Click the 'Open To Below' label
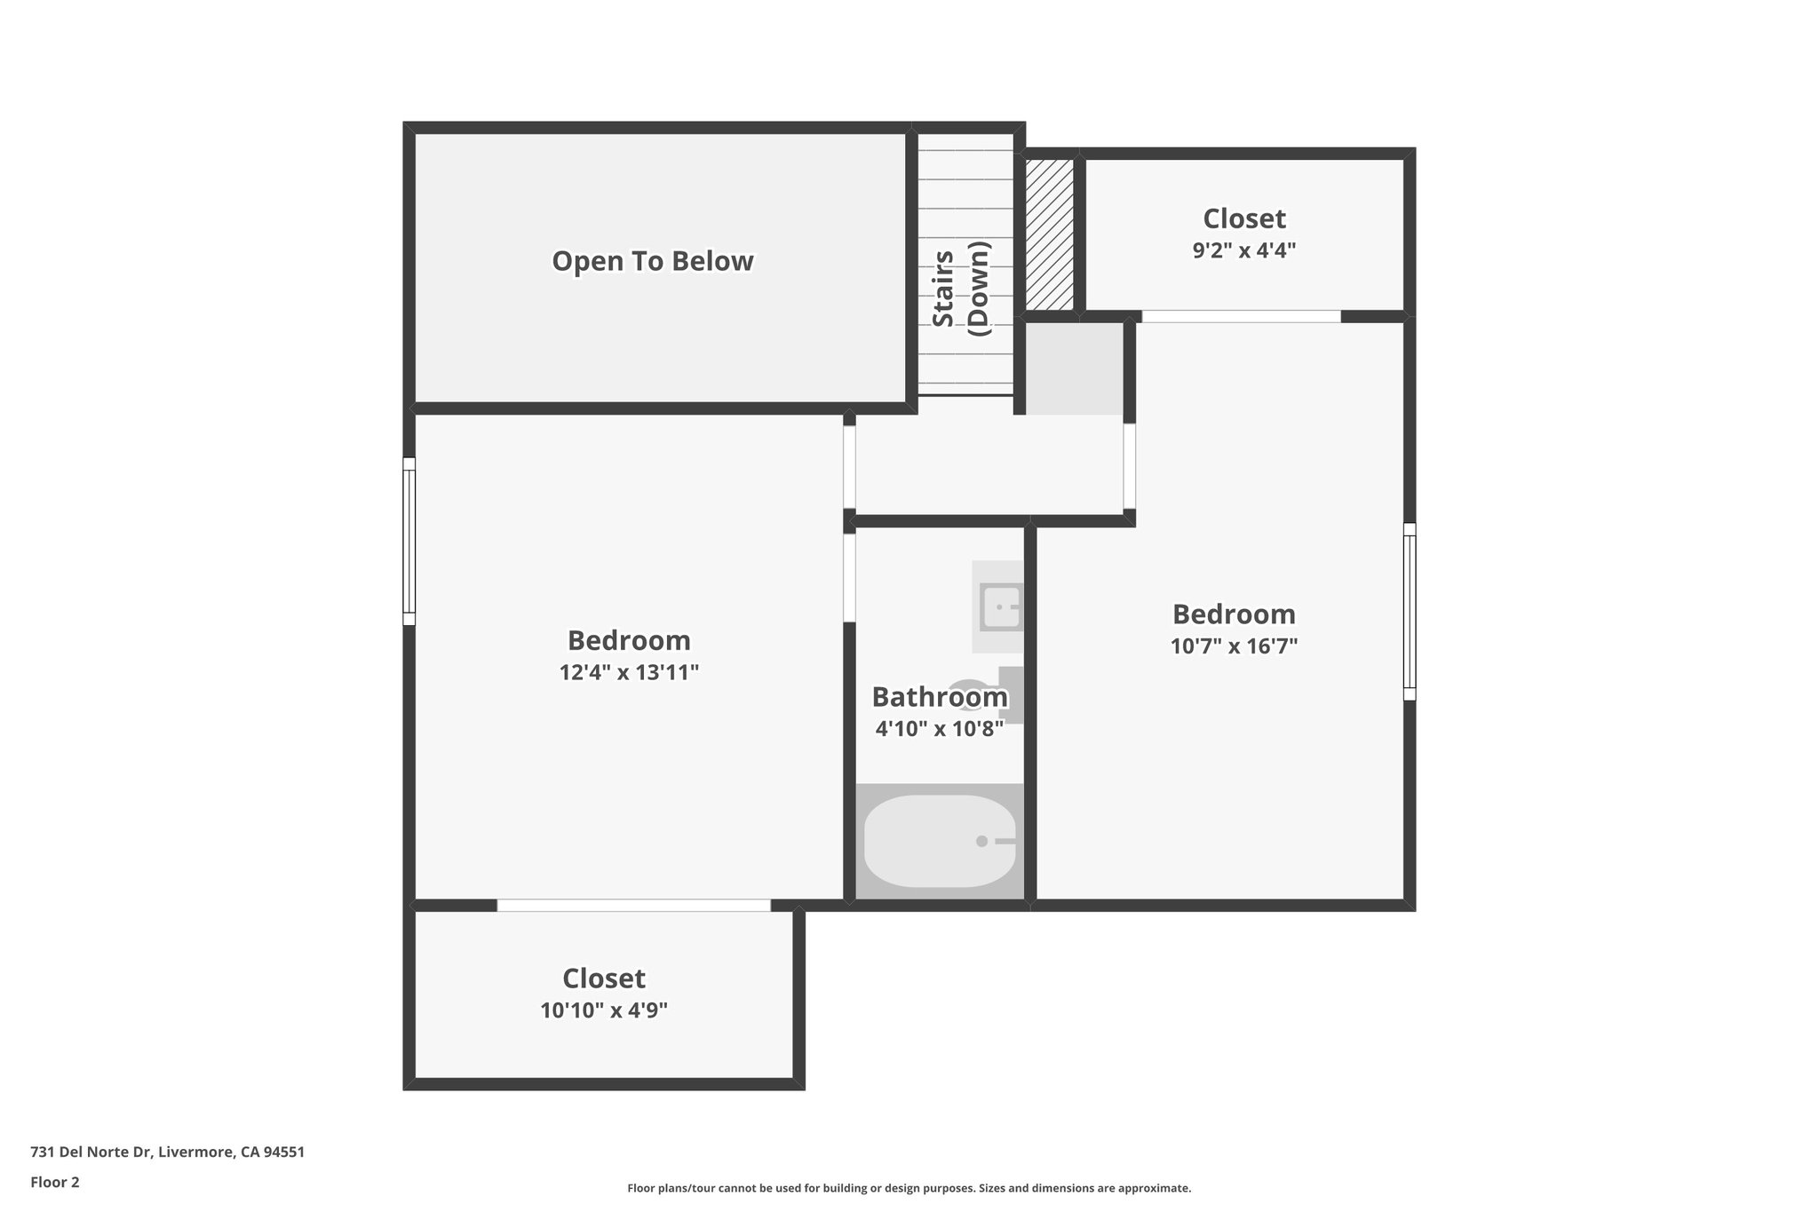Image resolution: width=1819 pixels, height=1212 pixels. (653, 261)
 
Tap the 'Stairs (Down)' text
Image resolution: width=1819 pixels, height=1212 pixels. (960, 289)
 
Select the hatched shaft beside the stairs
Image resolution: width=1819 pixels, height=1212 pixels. (1049, 234)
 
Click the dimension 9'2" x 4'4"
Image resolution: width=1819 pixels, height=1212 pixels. (1243, 250)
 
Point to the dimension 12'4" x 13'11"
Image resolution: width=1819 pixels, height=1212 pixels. (629, 673)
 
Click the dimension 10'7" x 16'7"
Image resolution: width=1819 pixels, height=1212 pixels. (1234, 646)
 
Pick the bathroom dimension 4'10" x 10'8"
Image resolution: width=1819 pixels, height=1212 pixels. (939, 730)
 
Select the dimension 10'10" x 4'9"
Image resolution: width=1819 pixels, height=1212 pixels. (604, 1010)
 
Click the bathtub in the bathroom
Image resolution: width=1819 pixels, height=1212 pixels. (940, 841)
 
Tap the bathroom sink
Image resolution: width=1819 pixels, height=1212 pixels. (1000, 606)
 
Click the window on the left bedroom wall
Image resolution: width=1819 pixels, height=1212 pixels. (409, 541)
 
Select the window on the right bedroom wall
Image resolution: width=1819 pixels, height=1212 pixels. (1410, 612)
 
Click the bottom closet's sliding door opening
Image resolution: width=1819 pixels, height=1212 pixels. (633, 905)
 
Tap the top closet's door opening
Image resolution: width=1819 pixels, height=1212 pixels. (1241, 316)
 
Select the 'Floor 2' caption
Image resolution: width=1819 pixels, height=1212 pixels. (55, 1182)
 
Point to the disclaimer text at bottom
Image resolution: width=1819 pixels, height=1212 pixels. (909, 1188)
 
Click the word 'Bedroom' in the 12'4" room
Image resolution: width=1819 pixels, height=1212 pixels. (629, 640)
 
